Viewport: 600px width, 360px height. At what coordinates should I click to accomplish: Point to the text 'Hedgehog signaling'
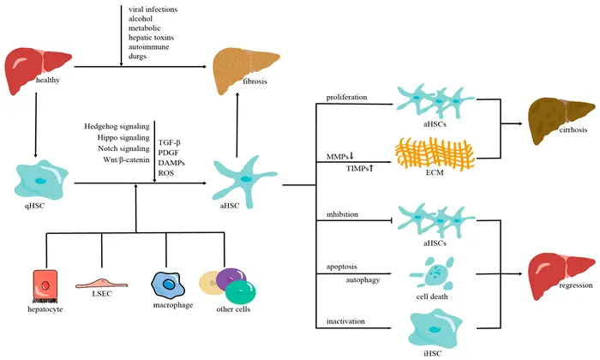pos(117,127)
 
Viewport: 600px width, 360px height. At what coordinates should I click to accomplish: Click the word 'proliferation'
pos(348,97)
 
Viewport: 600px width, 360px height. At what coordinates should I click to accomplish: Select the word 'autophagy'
pos(364,279)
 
